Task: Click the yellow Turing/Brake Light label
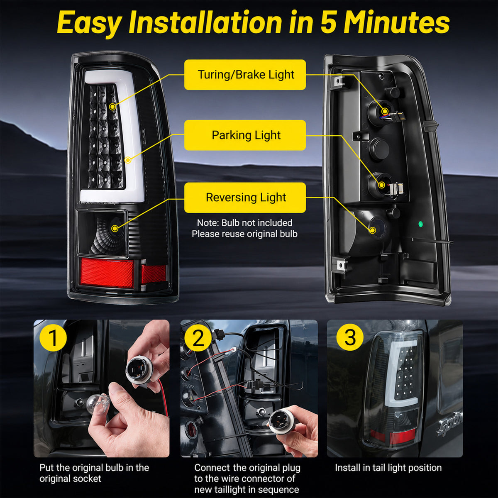coord(245,75)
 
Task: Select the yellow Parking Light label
coord(245,135)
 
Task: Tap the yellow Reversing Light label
coord(245,198)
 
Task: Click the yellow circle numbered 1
coord(53,337)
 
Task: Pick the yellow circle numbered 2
coord(198,337)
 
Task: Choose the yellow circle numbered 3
coord(350,337)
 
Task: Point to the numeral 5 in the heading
coord(329,23)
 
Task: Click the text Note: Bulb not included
coord(244,223)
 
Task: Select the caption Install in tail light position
coord(388,468)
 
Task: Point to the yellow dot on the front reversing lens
coord(115,228)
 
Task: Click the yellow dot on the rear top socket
coord(385,111)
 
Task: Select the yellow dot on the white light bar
coord(128,160)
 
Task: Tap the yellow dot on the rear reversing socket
coord(373,230)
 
